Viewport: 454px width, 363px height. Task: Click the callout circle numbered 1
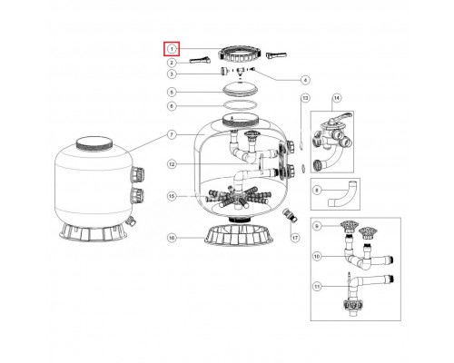click(172, 49)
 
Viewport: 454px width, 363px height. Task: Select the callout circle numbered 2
click(172, 63)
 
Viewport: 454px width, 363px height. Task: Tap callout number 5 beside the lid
click(172, 92)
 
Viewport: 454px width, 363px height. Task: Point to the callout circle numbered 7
click(172, 134)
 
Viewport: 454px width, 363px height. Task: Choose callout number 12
click(172, 164)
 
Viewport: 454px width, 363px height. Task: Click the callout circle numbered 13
click(305, 98)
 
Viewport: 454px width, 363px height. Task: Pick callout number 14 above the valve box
click(337, 98)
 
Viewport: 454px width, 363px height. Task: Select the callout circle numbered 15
click(172, 196)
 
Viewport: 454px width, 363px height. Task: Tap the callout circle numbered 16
click(172, 238)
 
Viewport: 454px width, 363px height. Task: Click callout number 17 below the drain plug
click(295, 238)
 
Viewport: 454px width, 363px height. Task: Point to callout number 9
click(317, 226)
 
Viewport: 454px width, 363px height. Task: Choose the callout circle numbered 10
click(317, 257)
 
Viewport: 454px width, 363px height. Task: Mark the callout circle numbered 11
click(317, 287)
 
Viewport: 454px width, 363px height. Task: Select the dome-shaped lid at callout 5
click(240, 90)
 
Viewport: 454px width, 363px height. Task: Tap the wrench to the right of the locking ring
click(276, 55)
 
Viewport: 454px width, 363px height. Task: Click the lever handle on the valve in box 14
click(343, 116)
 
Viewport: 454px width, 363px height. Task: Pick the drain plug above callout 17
click(290, 215)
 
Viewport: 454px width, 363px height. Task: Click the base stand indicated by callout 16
click(239, 235)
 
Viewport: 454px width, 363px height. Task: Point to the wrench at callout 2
click(200, 61)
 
